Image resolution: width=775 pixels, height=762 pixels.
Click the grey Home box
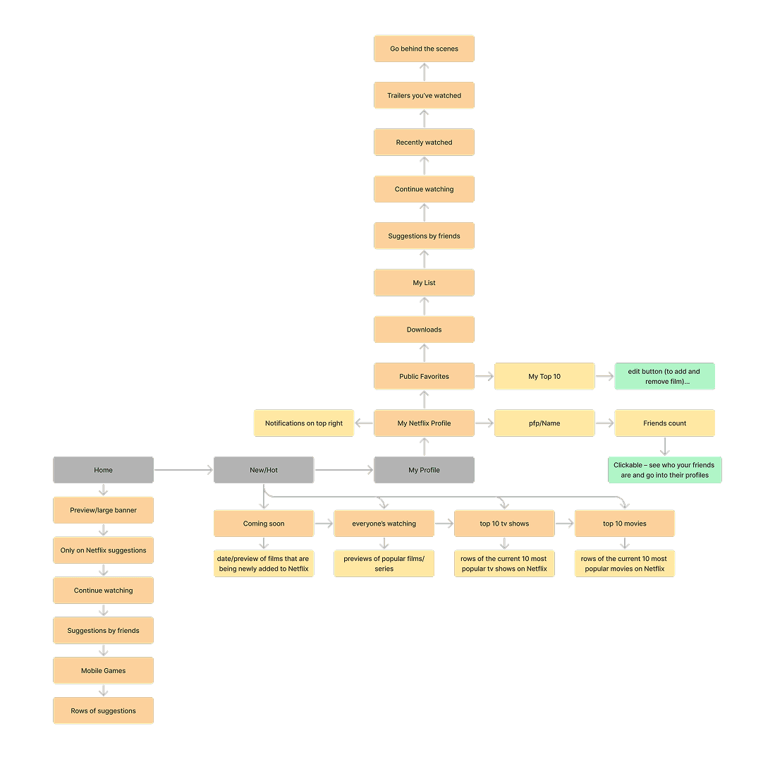click(x=103, y=470)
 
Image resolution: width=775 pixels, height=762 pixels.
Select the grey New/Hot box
click(x=264, y=470)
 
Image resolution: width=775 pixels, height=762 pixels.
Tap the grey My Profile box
click(x=424, y=470)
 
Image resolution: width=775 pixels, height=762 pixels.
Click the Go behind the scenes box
click(x=424, y=49)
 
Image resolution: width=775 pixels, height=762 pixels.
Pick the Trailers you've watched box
click(x=424, y=95)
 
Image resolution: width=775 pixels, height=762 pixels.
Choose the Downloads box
click(x=424, y=329)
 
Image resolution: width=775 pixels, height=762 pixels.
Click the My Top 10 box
click(x=544, y=376)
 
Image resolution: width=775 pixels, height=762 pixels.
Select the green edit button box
click(x=664, y=376)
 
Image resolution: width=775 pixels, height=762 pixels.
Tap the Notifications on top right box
click(x=304, y=423)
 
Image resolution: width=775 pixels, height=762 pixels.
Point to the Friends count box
click(x=664, y=423)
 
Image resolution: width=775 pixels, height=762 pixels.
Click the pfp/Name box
click(x=544, y=423)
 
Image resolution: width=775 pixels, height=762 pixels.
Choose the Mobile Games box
click(x=103, y=670)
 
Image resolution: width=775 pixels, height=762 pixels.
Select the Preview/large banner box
click(x=103, y=510)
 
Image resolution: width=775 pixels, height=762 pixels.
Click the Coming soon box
click(x=264, y=524)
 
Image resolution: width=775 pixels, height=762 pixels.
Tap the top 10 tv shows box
click(x=504, y=524)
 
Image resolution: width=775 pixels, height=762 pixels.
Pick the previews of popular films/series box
click(x=384, y=564)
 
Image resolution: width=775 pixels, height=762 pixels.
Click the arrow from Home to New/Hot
click(x=183, y=470)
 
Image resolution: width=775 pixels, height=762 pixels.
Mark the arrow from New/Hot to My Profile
click(x=344, y=470)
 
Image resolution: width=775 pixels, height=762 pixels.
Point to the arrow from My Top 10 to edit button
click(x=604, y=376)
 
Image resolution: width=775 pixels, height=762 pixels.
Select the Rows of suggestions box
click(x=103, y=710)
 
